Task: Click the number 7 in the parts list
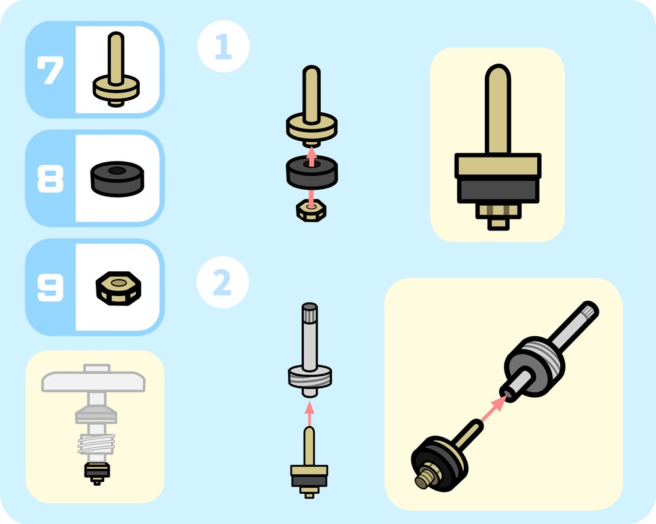51,70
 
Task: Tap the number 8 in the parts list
51,179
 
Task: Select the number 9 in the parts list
51,288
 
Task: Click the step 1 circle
224,46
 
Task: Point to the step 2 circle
222,282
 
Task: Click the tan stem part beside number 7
116,69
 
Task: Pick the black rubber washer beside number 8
117,179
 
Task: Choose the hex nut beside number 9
118,288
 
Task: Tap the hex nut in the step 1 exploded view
311,210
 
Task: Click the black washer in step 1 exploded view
312,172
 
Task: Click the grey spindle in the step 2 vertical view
310,350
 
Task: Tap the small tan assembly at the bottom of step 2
309,463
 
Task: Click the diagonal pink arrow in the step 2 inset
493,409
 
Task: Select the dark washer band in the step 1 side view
497,190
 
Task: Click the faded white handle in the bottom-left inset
93,379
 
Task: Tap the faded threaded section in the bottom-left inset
96,445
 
